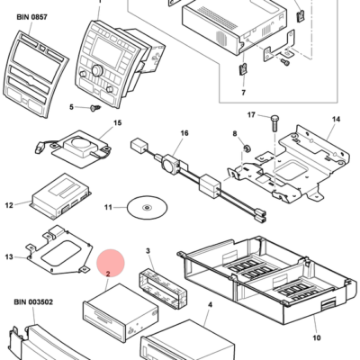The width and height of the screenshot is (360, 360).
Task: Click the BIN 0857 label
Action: click(x=31, y=15)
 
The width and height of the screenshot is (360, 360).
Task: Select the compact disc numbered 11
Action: click(x=143, y=208)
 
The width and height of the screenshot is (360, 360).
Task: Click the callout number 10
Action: click(x=315, y=337)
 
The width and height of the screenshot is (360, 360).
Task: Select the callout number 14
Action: click(x=336, y=119)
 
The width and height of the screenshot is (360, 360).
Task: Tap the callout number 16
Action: click(x=184, y=132)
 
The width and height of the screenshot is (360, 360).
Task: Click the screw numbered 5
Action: click(x=93, y=109)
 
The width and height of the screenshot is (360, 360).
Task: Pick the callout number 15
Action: click(x=116, y=122)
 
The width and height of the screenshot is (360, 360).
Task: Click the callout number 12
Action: click(x=10, y=205)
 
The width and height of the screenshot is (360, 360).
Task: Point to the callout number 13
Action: click(x=10, y=257)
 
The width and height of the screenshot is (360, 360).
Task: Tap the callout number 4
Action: click(x=209, y=306)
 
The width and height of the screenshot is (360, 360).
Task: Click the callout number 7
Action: click(x=243, y=92)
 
